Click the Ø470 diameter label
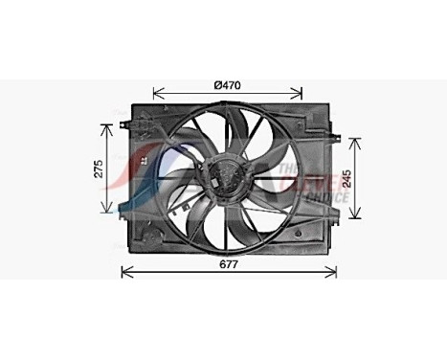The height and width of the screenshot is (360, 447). (227, 84)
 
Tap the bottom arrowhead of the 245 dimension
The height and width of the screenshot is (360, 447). (356, 217)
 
